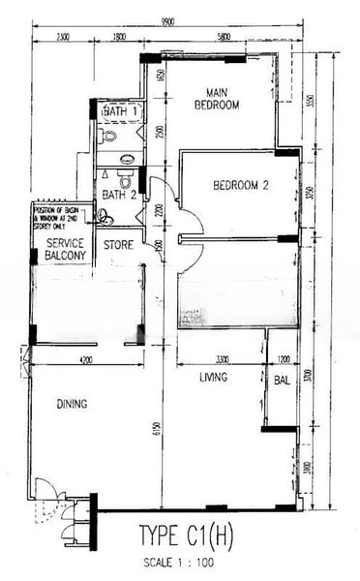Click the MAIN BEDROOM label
pyautogui.click(x=216, y=99)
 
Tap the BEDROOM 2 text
pyautogui.click(x=240, y=185)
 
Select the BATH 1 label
pyautogui.click(x=120, y=113)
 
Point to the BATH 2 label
pyautogui.click(x=120, y=194)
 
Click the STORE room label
pyautogui.click(x=118, y=244)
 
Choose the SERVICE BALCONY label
pyautogui.click(x=60, y=249)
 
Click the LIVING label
pyautogui.click(x=213, y=377)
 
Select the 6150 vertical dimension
pyautogui.click(x=155, y=429)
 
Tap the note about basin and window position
pyautogui.click(x=60, y=215)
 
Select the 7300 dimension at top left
pyautogui.click(x=62, y=37)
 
